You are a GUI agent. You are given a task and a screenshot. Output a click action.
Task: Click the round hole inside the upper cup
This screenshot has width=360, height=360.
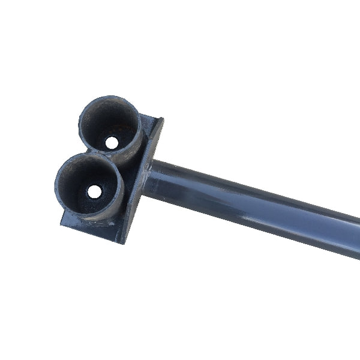pos(112,143)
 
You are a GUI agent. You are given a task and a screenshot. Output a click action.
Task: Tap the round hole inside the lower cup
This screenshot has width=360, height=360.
pos(95,191)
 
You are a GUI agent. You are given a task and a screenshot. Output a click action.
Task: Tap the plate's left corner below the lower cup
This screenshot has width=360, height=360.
pos(62,223)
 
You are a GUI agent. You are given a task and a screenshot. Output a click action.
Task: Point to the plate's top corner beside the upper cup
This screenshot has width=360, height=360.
pos(160,119)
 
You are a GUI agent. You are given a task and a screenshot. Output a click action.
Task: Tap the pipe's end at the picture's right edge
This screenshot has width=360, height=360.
pos(355,237)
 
